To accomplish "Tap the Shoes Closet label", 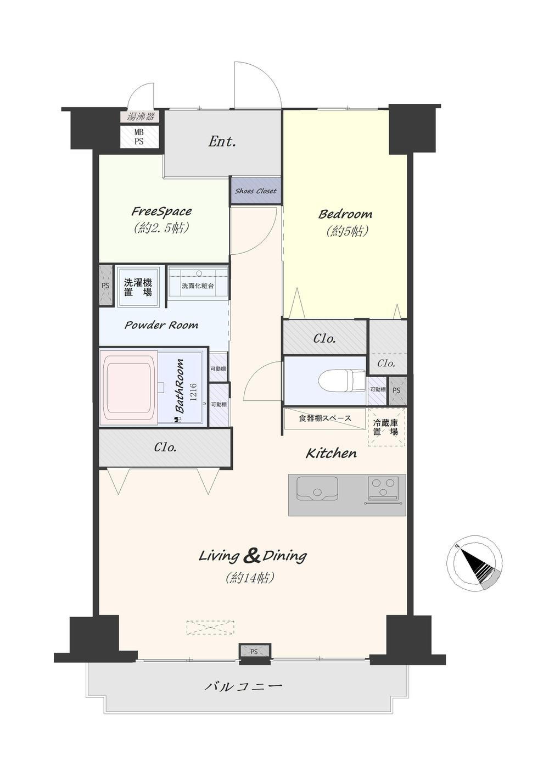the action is tap(256, 191).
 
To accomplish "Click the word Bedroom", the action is tap(345, 214).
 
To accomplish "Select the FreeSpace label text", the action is tap(161, 211).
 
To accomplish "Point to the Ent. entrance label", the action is tap(222, 142).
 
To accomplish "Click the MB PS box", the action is tap(139, 137).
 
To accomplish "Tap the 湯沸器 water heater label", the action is tap(140, 116).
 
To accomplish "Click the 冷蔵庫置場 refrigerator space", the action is tap(385, 427).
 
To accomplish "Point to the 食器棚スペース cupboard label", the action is tap(324, 418).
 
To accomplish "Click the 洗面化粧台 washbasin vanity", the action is tap(198, 281).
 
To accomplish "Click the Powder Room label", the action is tap(161, 325).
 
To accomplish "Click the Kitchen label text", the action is tap(331, 454).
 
